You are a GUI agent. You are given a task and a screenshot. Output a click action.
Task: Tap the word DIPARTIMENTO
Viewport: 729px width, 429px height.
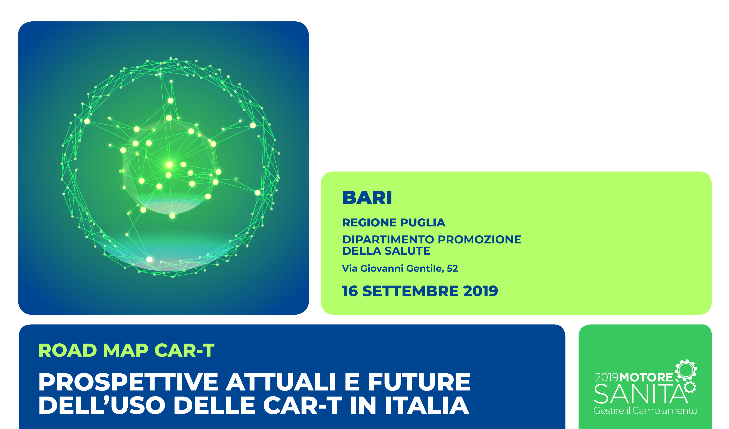click(388, 240)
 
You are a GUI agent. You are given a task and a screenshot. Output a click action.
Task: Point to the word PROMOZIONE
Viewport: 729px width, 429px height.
click(479, 240)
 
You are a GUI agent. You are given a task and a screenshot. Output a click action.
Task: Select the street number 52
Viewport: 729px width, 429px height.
click(452, 268)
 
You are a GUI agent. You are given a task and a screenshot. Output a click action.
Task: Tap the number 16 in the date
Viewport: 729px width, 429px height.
click(350, 291)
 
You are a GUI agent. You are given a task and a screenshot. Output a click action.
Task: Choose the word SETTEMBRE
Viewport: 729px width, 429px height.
click(410, 291)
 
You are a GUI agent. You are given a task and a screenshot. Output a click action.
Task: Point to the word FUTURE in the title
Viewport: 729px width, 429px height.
click(419, 382)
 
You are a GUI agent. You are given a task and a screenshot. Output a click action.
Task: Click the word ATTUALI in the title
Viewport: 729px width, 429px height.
click(281, 382)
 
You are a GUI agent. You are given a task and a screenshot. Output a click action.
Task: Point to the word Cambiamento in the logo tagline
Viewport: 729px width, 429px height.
click(665, 410)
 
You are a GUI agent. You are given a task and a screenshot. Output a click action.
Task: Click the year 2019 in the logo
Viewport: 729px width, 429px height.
click(607, 378)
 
